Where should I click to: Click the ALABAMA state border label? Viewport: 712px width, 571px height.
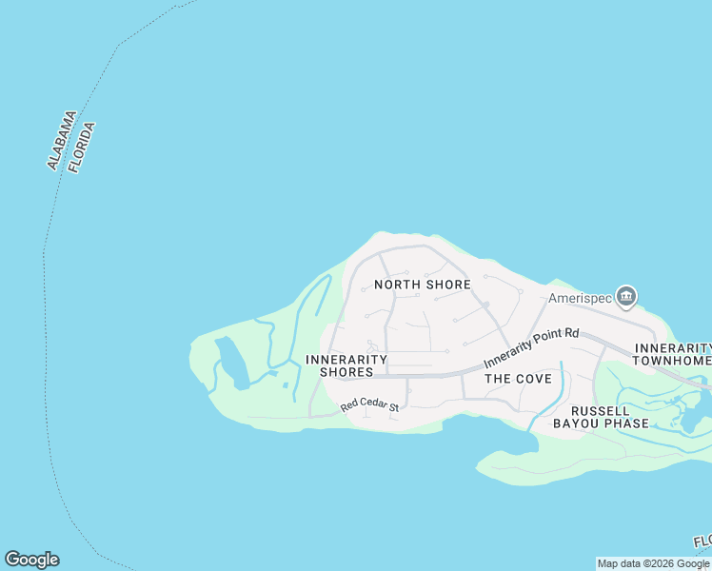pyautogui.click(x=62, y=141)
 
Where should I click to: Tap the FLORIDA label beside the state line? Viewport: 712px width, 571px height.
pyautogui.click(x=82, y=146)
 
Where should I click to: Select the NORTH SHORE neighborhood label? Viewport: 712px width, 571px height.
pyautogui.click(x=423, y=285)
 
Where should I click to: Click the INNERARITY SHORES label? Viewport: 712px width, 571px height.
pyautogui.click(x=346, y=365)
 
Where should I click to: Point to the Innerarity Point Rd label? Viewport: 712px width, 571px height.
pyautogui.click(x=531, y=347)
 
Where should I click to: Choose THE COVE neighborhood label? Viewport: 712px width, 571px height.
pyautogui.click(x=518, y=379)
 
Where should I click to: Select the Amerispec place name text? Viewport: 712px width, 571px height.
pyautogui.click(x=578, y=296)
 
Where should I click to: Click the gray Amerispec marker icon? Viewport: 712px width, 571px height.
pyautogui.click(x=626, y=297)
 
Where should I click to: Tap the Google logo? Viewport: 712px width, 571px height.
pyautogui.click(x=31, y=560)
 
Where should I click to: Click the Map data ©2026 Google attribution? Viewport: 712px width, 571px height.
pyautogui.click(x=653, y=563)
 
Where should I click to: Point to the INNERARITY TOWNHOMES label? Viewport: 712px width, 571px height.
pyautogui.click(x=673, y=355)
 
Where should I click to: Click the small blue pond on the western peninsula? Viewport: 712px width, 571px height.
pyautogui.click(x=230, y=363)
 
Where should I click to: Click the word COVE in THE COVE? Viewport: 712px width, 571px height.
pyautogui.click(x=532, y=379)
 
